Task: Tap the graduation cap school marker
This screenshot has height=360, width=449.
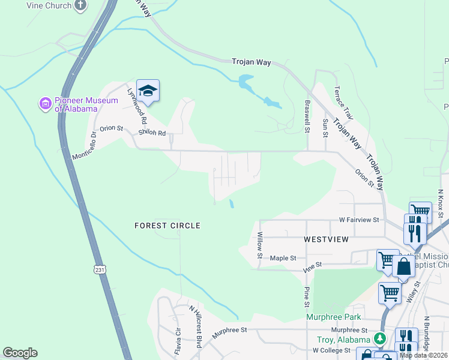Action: (x=148, y=91)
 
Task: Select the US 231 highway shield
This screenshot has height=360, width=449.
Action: (x=99, y=271)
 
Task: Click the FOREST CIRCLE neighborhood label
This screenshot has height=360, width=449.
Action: (x=166, y=226)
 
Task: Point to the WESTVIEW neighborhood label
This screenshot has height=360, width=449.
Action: (x=326, y=239)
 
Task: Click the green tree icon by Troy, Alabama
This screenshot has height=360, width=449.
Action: (x=379, y=338)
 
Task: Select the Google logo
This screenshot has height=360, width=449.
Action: (x=20, y=353)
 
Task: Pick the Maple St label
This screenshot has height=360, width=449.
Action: (x=283, y=259)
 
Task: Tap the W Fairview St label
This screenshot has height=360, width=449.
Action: (x=359, y=220)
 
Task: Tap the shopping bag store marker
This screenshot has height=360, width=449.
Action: (x=403, y=267)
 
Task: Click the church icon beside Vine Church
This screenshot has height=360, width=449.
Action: (x=80, y=5)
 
